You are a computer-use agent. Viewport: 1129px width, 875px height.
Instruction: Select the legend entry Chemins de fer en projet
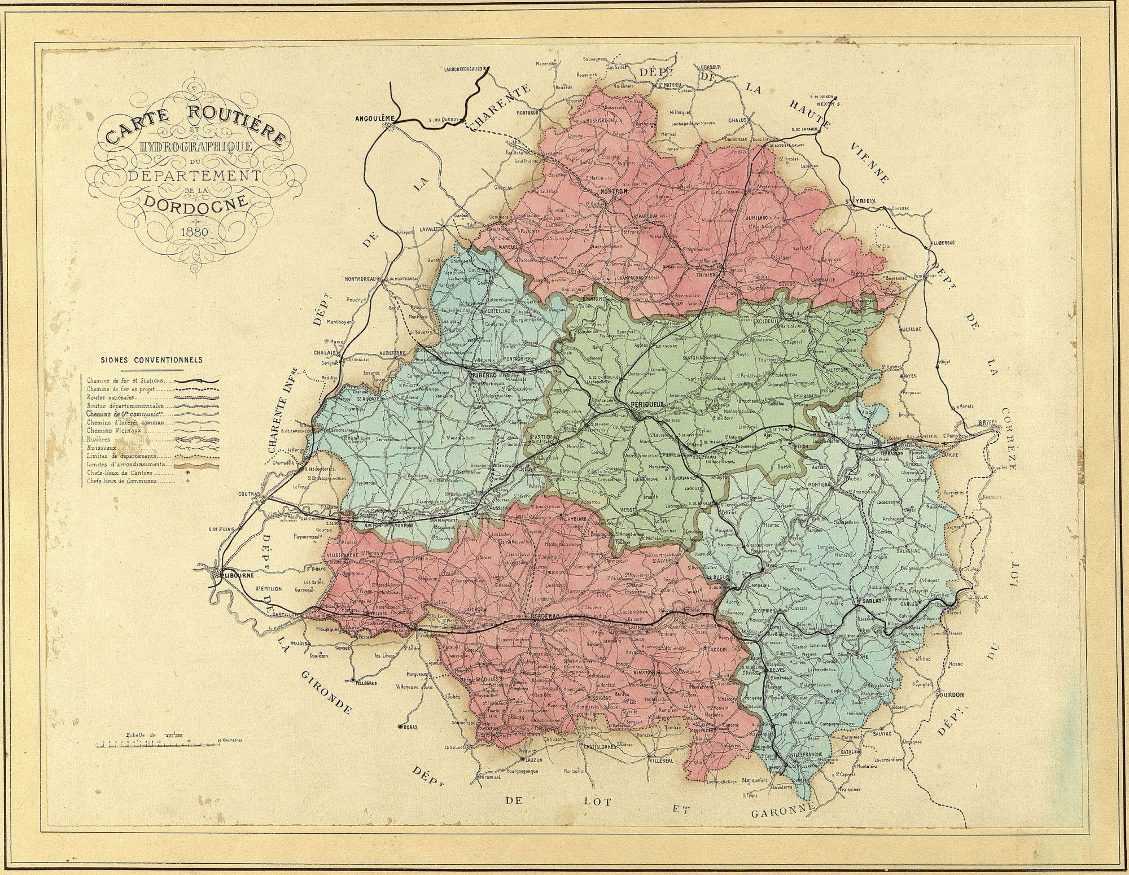click(122, 389)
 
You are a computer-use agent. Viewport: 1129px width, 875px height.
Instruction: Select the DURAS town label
click(410, 728)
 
